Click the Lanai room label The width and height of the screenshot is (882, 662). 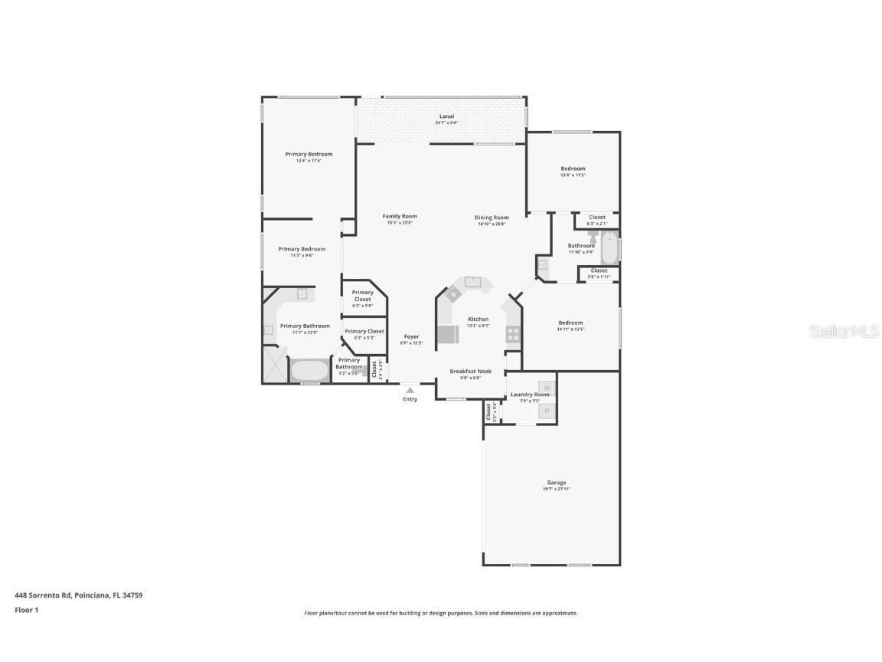pos(446,116)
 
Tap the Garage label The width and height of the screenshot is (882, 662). pos(557,483)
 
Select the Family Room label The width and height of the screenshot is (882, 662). pos(400,216)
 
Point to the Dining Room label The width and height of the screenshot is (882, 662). pos(492,218)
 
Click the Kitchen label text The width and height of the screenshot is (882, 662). pos(478,319)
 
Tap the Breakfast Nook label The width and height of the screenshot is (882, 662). pos(470,371)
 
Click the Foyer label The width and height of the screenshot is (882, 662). pos(411,336)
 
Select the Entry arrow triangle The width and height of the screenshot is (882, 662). pos(410,390)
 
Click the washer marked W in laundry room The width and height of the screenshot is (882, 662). pos(547,387)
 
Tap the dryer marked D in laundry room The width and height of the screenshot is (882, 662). pos(547,411)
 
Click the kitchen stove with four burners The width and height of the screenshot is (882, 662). pos(513,334)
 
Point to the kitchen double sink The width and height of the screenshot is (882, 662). pos(472,282)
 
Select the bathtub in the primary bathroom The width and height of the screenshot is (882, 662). pos(309,371)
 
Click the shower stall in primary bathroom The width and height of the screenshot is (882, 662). pos(274,364)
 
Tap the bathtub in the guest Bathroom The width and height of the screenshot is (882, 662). pos(609,247)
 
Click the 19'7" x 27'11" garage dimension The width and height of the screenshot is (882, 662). pos(557,489)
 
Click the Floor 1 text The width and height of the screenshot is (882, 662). pos(26,610)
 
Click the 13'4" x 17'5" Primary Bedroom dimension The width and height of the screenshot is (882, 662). pos(309,161)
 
